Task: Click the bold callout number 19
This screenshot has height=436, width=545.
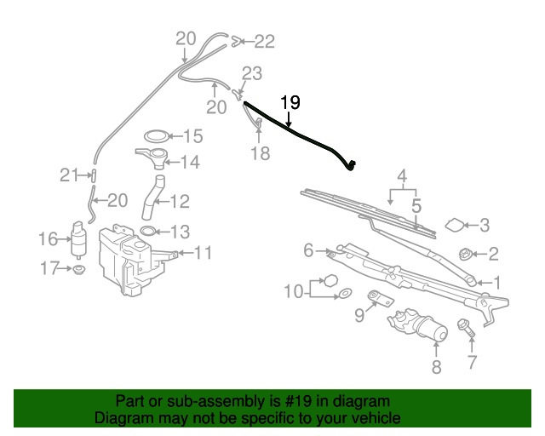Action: pos(290,102)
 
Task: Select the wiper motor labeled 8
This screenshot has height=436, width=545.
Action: pos(417,324)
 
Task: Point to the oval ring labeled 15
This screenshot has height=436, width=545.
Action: pos(158,136)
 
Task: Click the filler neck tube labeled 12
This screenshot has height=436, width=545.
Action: pos(153,198)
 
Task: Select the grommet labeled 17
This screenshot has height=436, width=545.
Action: pos(79,269)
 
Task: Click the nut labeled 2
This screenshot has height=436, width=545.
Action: pos(465,254)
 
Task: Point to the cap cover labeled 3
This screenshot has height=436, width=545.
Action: pos(454,225)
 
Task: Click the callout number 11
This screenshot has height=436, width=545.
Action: pos(203,253)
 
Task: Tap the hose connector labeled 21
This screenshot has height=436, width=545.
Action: pos(94,175)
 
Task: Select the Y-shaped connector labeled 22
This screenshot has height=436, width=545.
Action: pos(236,42)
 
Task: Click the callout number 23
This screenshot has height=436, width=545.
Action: pos(252,73)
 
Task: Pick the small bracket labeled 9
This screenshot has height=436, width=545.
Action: pos(380,299)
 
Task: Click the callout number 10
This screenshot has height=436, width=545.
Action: pos(294,291)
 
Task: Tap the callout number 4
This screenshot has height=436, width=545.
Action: pos(402,176)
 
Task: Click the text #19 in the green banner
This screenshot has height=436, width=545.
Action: pos(297,402)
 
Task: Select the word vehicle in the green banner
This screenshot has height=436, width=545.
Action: pos(376,417)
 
